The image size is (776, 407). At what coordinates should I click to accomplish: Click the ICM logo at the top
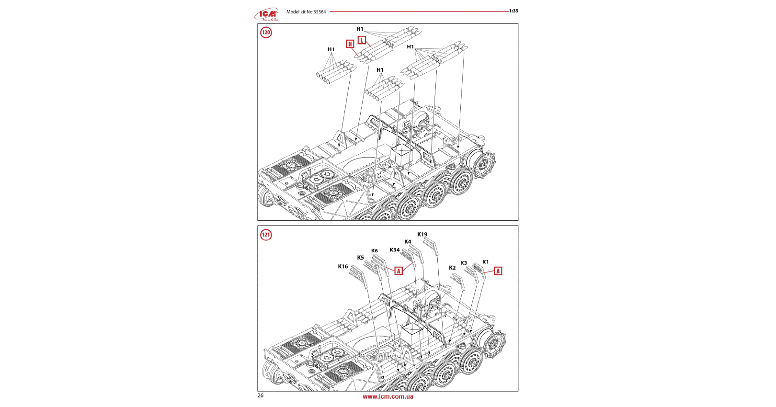pyautogui.click(x=267, y=14)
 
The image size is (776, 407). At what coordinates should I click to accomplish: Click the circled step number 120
pyautogui.click(x=266, y=33)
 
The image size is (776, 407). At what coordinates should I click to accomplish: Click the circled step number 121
pyautogui.click(x=266, y=235)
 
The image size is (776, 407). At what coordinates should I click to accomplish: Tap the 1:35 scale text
pyautogui.click(x=514, y=11)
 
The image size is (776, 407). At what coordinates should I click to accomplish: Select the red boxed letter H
pyautogui.click(x=350, y=44)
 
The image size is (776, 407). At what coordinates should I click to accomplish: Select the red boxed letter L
pyautogui.click(x=362, y=40)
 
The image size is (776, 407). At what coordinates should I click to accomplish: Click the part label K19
pyautogui.click(x=422, y=235)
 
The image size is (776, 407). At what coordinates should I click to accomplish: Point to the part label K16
pyautogui.click(x=343, y=267)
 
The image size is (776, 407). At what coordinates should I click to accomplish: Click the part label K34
pyautogui.click(x=395, y=250)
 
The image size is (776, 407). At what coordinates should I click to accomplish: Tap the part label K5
pyautogui.click(x=360, y=258)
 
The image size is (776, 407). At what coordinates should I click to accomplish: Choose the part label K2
pyautogui.click(x=452, y=268)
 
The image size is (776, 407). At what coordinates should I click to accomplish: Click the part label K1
pyautogui.click(x=486, y=262)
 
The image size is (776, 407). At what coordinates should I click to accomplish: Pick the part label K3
pyautogui.click(x=464, y=263)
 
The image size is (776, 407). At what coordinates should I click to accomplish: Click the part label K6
pyautogui.click(x=375, y=251)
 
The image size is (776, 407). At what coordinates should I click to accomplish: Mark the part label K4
pyautogui.click(x=408, y=242)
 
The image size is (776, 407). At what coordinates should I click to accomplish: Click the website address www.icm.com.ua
pyautogui.click(x=388, y=396)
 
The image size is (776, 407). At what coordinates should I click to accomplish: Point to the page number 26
pyautogui.click(x=261, y=396)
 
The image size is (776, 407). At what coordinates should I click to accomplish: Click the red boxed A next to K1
pyautogui.click(x=498, y=271)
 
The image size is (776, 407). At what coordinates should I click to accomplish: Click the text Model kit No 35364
pyautogui.click(x=306, y=12)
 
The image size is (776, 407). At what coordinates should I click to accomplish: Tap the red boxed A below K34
pyautogui.click(x=399, y=271)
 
